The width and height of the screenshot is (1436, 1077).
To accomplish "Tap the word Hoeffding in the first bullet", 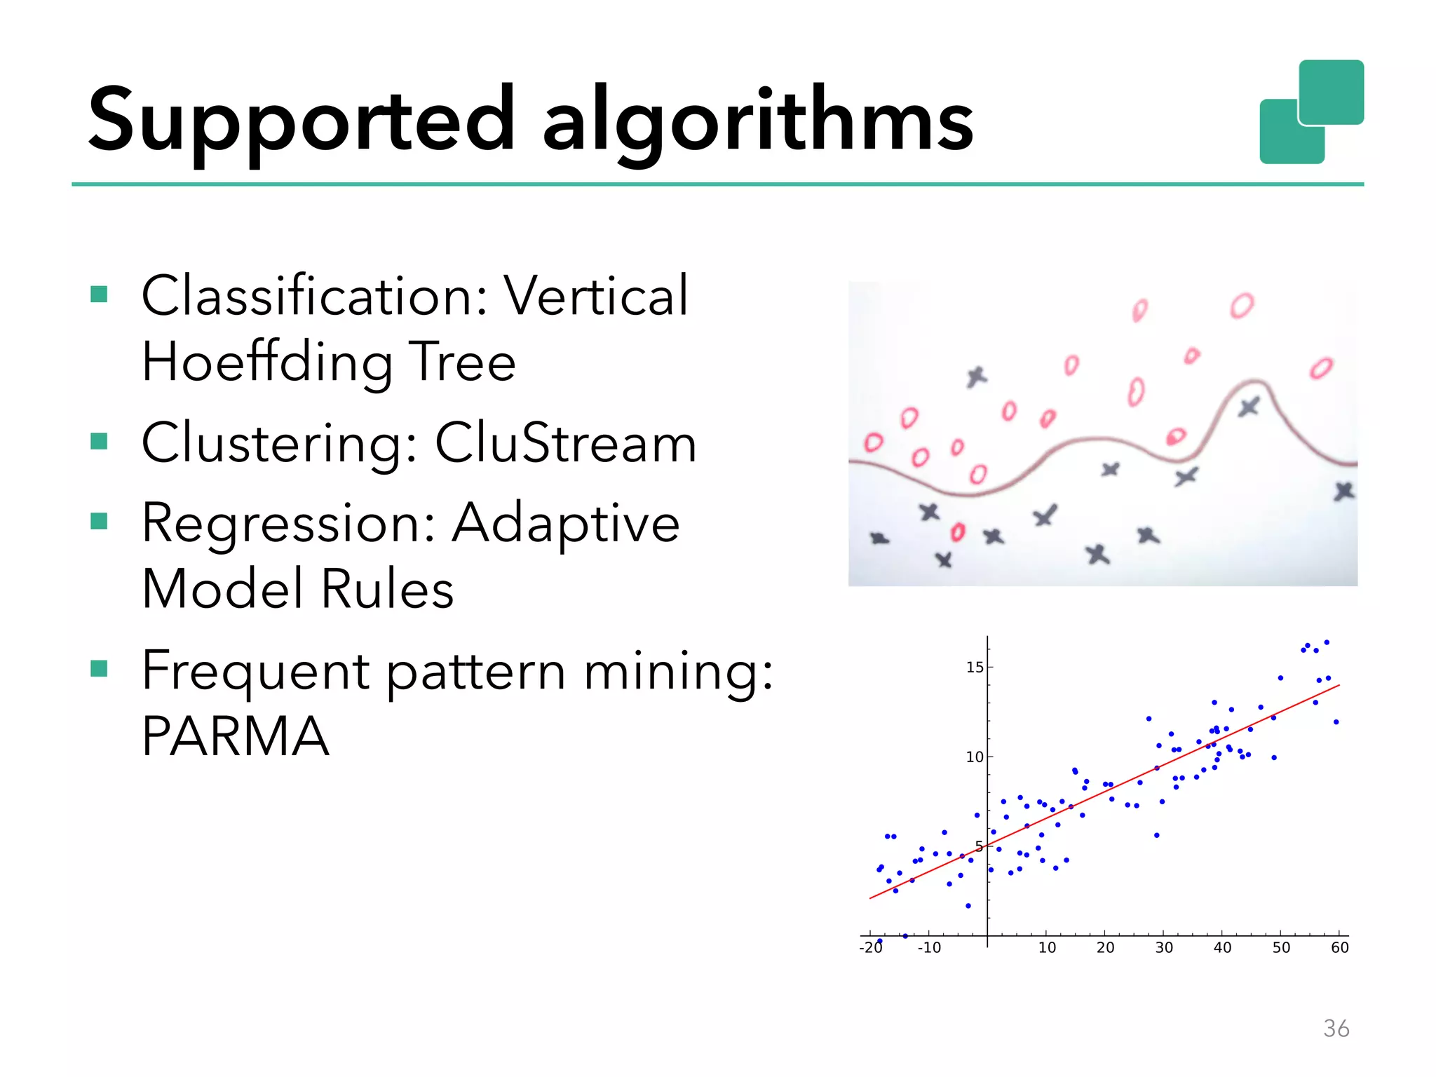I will (x=266, y=362).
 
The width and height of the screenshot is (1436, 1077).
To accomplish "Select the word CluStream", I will (x=565, y=443).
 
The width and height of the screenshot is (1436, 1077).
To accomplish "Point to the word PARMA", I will (x=236, y=736).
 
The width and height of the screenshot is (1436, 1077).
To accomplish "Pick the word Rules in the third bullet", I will (x=387, y=589).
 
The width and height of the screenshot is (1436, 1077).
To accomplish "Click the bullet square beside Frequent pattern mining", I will (x=99, y=668).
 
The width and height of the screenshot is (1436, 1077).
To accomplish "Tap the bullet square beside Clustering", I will (x=99, y=441).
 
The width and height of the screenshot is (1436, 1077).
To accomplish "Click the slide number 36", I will (x=1336, y=1028).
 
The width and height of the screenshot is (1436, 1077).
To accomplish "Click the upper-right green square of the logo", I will (x=1331, y=92).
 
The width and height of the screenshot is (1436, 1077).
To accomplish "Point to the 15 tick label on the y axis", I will (x=975, y=668).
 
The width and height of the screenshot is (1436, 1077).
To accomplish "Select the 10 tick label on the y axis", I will (x=975, y=757).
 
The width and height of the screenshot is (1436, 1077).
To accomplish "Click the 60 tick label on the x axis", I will (x=1339, y=948).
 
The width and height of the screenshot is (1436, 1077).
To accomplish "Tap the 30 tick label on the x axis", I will (x=1164, y=948).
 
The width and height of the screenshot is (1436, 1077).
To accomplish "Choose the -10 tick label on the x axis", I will (x=929, y=948).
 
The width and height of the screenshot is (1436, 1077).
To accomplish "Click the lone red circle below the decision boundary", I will (x=958, y=532).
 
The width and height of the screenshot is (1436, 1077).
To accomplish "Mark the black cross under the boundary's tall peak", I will (x=1249, y=407).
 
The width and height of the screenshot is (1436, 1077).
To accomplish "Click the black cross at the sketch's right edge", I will (x=1343, y=491).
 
